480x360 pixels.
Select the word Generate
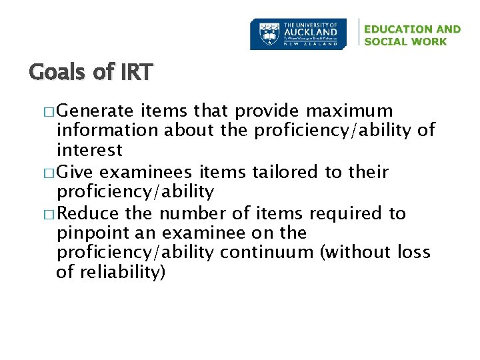pos(99,111)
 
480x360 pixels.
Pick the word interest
pos(89,151)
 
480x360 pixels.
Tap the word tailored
pos(286,171)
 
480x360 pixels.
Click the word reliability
pos(123,273)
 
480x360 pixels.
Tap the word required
pos(347,213)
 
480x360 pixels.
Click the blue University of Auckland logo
pos(298,34)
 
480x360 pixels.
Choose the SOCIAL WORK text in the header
pos(405,41)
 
